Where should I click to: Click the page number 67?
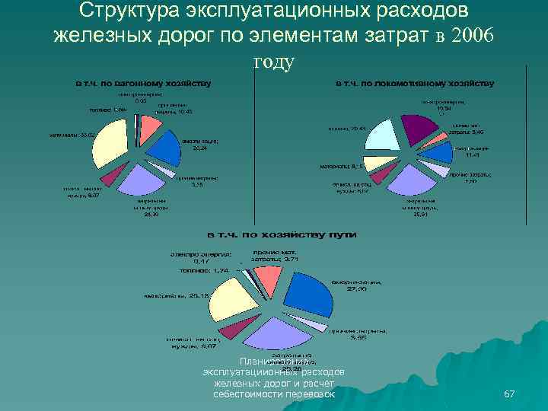pyautogui.click(x=510, y=393)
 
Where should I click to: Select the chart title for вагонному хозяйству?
pyautogui.click(x=142, y=82)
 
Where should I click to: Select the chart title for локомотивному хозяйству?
pyautogui.click(x=416, y=82)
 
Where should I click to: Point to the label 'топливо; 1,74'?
pyautogui.click(x=201, y=270)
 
